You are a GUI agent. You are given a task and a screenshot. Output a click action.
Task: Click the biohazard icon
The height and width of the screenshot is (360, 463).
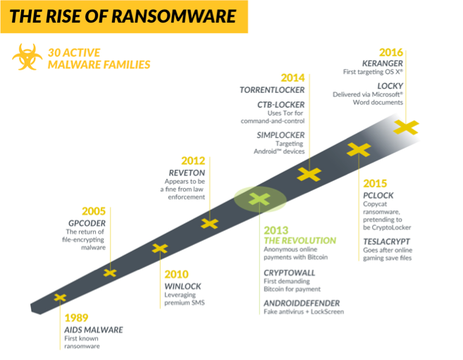pyautogui.click(x=27, y=57)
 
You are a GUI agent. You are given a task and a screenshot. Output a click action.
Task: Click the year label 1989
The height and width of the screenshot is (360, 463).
pyautogui.click(x=76, y=318)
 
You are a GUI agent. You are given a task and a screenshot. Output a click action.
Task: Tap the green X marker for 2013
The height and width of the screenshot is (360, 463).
pyautogui.click(x=259, y=199)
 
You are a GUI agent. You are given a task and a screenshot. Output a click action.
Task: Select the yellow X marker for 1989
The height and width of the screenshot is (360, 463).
pyautogui.click(x=60, y=297)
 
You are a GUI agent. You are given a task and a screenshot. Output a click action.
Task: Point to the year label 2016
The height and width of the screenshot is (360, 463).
pyautogui.click(x=391, y=53)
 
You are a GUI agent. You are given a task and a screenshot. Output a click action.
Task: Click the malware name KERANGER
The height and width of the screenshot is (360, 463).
pyautogui.click(x=383, y=63)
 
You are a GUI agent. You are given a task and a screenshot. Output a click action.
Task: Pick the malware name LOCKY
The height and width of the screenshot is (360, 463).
pyautogui.click(x=390, y=86)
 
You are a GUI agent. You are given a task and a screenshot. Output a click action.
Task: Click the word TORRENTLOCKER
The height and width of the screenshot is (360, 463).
pyautogui.click(x=272, y=90)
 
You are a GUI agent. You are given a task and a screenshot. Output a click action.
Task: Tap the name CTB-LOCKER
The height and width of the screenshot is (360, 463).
pyautogui.click(x=280, y=105)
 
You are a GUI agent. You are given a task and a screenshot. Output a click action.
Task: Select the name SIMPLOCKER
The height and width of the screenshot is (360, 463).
pyautogui.click(x=280, y=135)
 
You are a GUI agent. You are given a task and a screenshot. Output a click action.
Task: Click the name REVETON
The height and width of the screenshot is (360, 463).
pyautogui.click(x=187, y=173)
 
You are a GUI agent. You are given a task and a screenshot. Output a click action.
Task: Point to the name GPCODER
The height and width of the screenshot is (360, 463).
pyautogui.click(x=87, y=223)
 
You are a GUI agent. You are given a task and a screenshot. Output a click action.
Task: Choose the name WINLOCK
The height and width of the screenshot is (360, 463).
pyautogui.click(x=183, y=286)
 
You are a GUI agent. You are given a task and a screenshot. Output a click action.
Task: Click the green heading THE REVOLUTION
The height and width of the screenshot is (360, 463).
pyautogui.click(x=300, y=241)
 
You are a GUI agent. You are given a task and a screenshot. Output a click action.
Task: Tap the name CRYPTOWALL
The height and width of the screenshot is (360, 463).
pyautogui.click(x=290, y=273)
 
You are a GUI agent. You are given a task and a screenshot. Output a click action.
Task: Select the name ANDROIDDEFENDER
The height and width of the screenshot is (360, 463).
pyautogui.click(x=302, y=303)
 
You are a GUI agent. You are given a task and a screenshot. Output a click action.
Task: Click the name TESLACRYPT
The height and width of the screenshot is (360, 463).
pyautogui.click(x=386, y=242)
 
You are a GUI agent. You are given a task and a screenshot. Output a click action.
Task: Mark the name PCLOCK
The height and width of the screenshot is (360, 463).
pyautogui.click(x=378, y=195)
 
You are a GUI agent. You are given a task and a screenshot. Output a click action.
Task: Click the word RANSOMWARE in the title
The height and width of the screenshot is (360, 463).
pyautogui.click(x=173, y=16)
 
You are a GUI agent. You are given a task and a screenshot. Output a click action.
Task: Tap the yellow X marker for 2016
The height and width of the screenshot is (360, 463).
pyautogui.click(x=406, y=128)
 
